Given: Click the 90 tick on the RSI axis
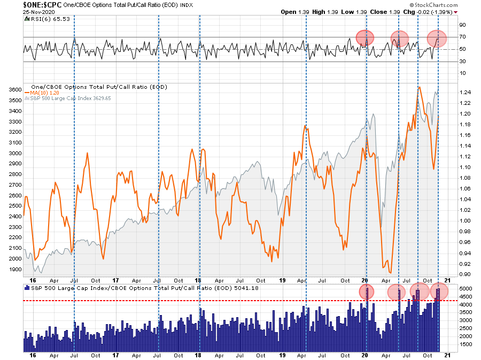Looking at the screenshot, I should [x=462, y=25].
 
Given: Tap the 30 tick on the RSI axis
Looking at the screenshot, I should [x=462, y=62].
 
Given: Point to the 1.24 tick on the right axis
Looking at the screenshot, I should [x=465, y=93].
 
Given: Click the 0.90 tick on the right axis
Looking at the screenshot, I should [x=465, y=275].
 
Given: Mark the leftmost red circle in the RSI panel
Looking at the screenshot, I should [x=366, y=37].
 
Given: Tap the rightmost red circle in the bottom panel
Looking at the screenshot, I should [x=438, y=292].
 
